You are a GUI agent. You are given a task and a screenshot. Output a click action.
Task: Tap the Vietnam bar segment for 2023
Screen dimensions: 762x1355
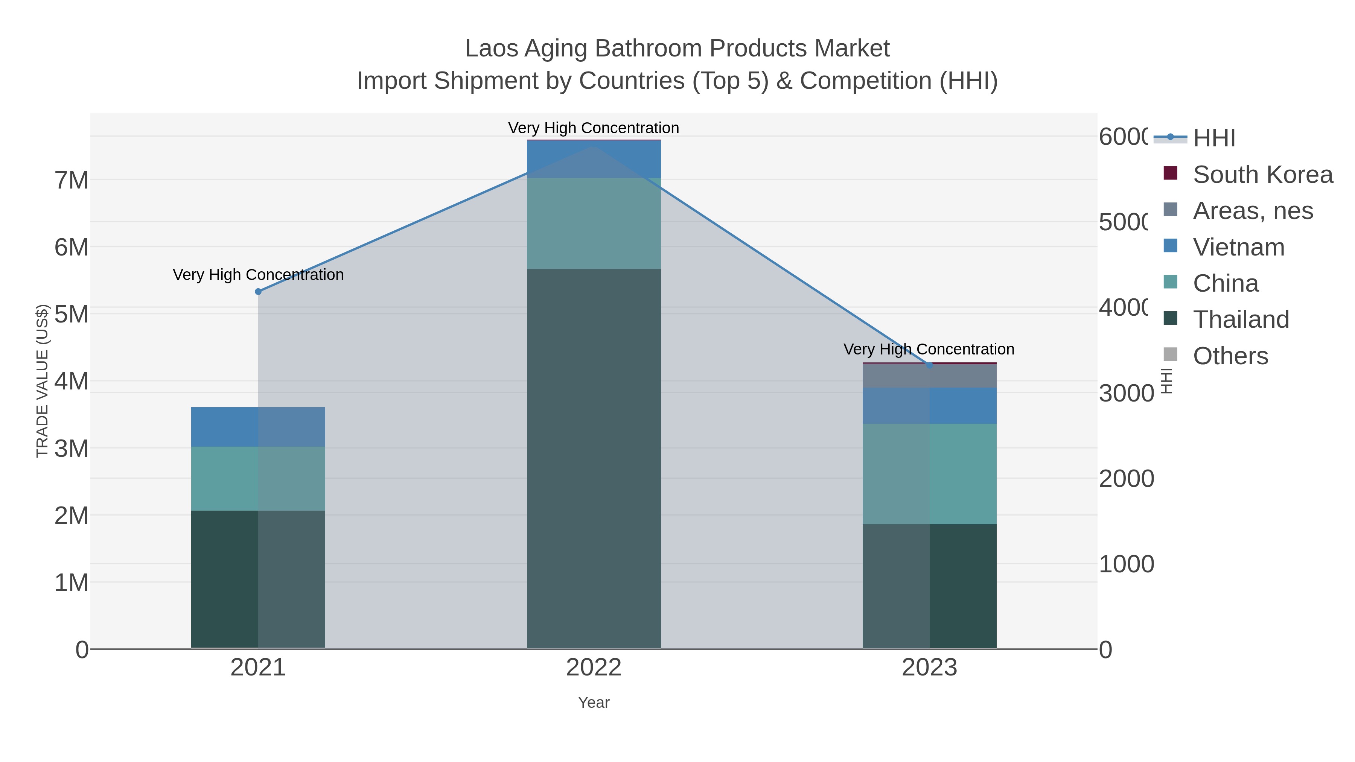pos(929,405)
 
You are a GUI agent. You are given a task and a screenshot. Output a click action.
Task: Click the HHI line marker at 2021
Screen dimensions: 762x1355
pos(258,291)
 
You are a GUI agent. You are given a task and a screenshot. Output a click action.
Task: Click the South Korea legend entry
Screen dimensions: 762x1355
pos(1262,175)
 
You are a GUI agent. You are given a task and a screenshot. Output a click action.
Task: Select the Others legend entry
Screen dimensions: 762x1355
pos(1230,356)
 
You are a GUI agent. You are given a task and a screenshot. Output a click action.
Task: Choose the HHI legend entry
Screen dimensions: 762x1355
pos(1213,138)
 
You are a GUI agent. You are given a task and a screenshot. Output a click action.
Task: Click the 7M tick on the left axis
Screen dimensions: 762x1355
pos(72,180)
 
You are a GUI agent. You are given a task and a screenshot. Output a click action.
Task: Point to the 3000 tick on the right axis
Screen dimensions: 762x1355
pos(1126,393)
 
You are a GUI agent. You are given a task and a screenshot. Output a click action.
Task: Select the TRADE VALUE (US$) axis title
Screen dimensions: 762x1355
pos(42,381)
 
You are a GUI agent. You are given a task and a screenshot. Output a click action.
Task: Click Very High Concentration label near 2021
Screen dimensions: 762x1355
pos(258,275)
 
